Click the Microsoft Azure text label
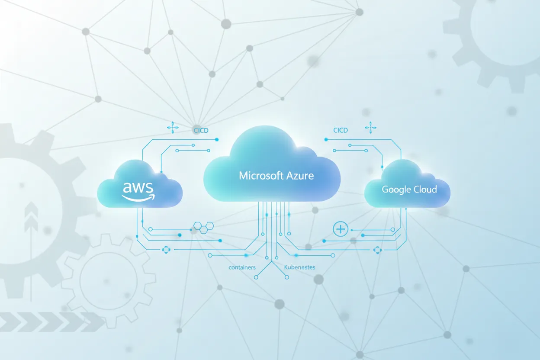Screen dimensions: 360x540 [276, 176]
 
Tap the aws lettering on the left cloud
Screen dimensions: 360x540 [138, 188]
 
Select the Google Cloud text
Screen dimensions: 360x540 [409, 190]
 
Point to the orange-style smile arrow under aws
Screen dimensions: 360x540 [138, 197]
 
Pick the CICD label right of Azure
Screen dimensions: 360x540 [340, 130]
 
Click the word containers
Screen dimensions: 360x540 [242, 267]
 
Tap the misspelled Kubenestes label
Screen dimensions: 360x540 [299, 267]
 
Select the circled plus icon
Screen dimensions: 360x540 [341, 228]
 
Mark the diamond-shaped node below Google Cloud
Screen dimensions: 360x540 [377, 250]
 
